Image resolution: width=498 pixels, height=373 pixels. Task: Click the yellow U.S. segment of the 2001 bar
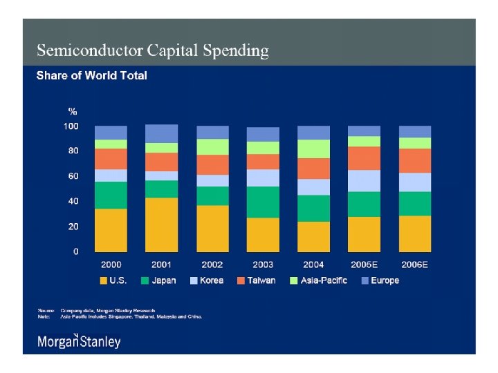pos(161,224)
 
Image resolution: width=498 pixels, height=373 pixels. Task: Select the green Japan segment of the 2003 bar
pos(263,202)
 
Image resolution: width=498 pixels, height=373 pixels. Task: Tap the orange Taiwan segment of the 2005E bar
pos(364,158)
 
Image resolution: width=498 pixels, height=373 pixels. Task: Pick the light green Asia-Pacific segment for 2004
pos(313,149)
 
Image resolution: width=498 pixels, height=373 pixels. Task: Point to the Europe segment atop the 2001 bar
pos(161,133)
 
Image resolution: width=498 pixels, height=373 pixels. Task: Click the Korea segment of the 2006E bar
pos(414,182)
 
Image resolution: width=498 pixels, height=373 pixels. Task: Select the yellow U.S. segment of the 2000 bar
pos(111,230)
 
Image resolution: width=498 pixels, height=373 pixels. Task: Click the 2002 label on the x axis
pos(212,265)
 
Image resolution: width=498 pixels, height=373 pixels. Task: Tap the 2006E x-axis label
pos(414,265)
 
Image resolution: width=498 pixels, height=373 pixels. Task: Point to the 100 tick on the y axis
pos(71,126)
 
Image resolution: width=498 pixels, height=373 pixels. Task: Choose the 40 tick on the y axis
pos(73,201)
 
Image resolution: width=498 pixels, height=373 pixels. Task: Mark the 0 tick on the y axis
pos(75,251)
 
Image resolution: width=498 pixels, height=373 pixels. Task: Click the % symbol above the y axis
pos(72,111)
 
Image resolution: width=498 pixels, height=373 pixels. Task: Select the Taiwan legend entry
pos(255,280)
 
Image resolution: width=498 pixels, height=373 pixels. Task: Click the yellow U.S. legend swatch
pos(104,280)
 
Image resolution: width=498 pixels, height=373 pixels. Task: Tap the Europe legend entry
pos(379,280)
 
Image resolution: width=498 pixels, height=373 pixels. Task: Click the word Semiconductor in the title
pos(89,50)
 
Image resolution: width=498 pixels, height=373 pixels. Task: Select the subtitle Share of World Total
pos(91,75)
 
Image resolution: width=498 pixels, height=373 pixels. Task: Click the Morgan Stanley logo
pos(79,341)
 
